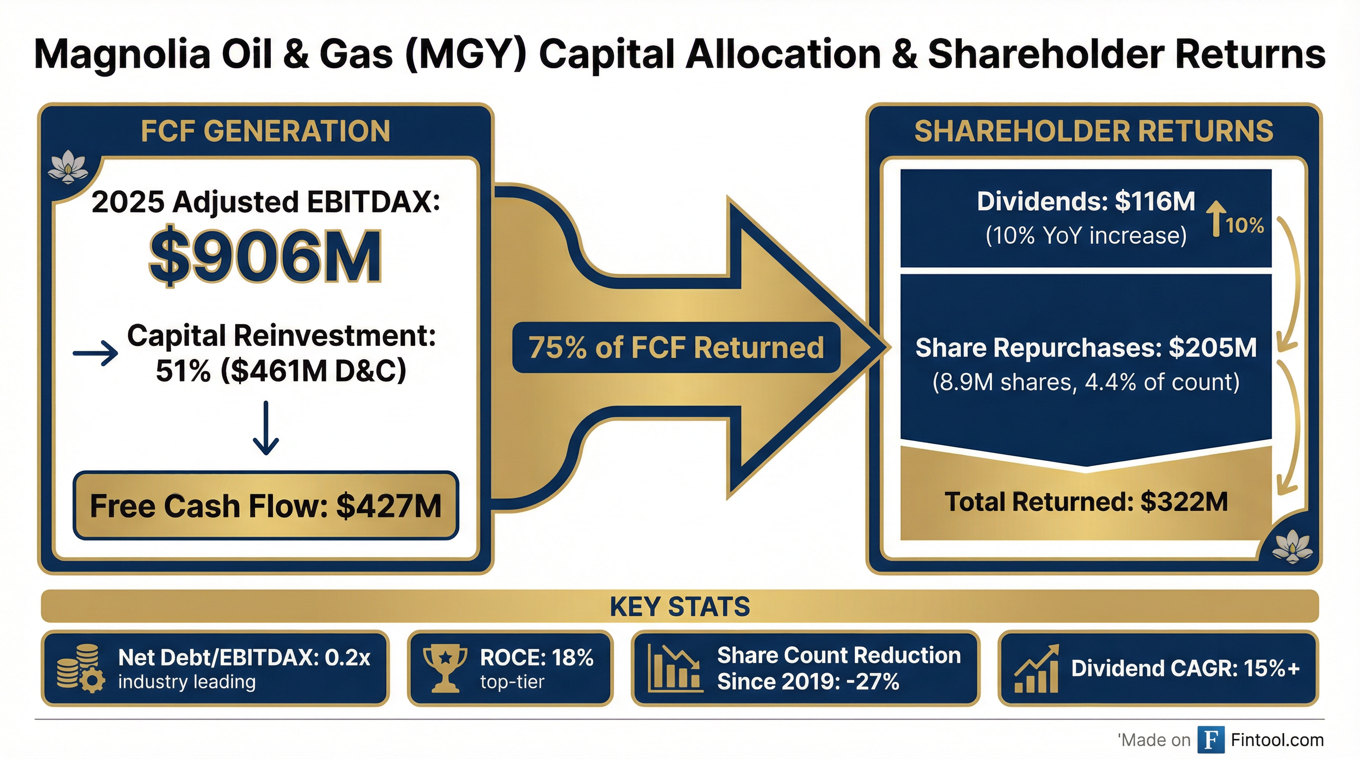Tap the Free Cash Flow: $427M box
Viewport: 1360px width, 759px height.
265,506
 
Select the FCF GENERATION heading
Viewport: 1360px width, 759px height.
265,131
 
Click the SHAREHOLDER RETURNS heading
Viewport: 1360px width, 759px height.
1093,131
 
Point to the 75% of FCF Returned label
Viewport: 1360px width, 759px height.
676,347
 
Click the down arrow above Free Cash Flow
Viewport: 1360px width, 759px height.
265,428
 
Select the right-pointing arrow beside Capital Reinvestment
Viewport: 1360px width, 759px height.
95,353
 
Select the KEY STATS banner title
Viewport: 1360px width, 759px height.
680,606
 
